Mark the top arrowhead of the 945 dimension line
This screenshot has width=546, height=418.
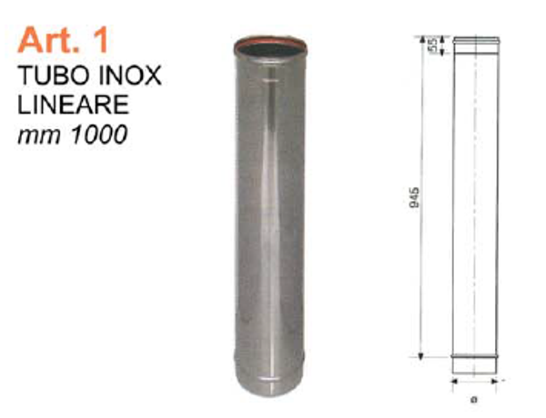click(x=421, y=39)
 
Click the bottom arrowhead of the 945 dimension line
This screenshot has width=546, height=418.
click(x=421, y=355)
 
